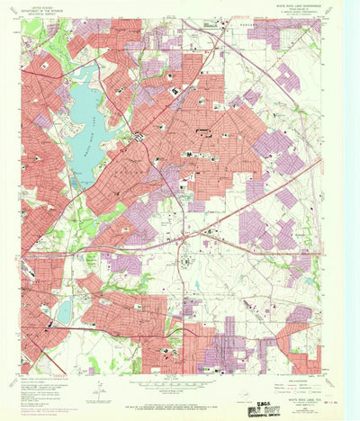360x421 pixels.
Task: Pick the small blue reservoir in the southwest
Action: pos(64,311)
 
